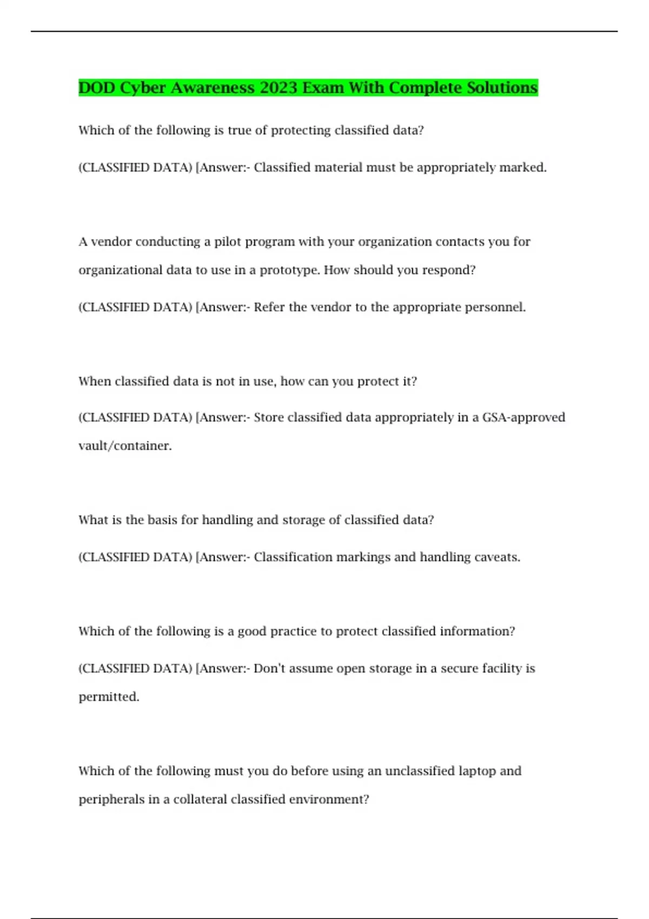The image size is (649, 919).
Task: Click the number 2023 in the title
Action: click(278, 88)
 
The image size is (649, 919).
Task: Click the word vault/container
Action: click(125, 446)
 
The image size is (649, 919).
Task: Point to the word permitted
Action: click(109, 697)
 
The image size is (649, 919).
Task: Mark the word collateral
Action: click(200, 800)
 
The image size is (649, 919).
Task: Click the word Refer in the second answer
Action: click(269, 308)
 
